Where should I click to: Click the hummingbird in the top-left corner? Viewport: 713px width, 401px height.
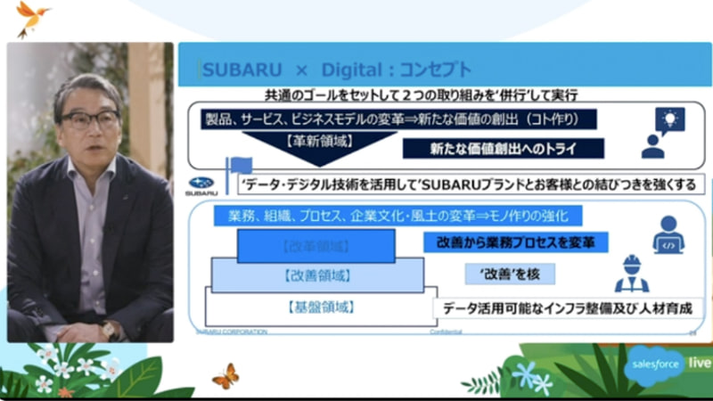pos(32,17)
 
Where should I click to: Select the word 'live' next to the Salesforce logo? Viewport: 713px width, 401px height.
pos(699,364)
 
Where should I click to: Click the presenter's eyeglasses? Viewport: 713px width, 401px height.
pos(90,119)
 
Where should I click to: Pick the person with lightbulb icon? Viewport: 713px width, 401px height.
pos(664,131)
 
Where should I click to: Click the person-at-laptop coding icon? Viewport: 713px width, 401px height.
pos(667,235)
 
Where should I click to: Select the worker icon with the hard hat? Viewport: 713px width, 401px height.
pos(632,274)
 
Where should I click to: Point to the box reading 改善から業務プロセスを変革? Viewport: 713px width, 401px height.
pos(515,241)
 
